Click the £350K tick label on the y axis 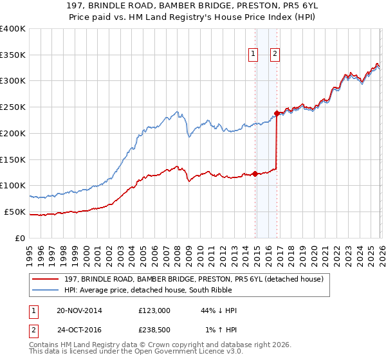tap(13, 55)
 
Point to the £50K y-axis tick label tap(15, 212)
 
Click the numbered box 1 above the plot tap(253, 55)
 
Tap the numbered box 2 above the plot tap(275, 55)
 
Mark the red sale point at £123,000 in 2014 tap(255, 174)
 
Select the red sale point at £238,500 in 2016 tap(277, 113)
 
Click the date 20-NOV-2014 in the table tap(79, 310)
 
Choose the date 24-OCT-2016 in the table tap(79, 330)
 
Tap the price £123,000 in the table tap(154, 310)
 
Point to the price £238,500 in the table tap(154, 330)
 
